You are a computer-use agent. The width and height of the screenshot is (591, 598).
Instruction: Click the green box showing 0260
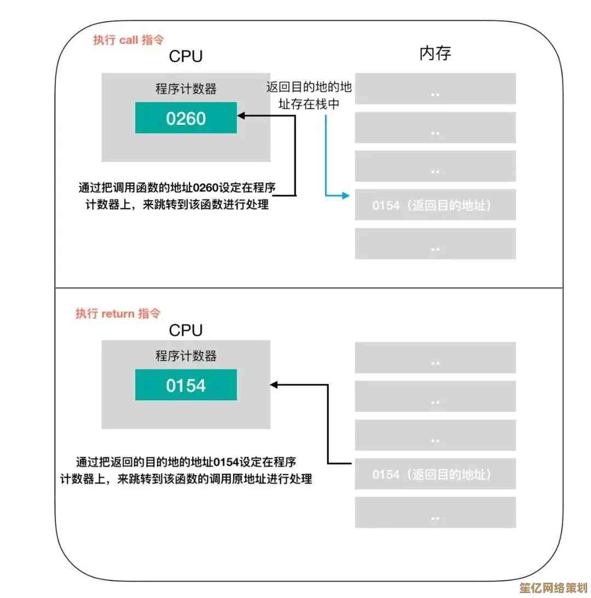pos(186,118)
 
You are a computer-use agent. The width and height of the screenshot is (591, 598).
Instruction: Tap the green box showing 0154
pos(186,385)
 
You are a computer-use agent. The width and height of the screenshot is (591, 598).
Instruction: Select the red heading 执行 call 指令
pos(129,40)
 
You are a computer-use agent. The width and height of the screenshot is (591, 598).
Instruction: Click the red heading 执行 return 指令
pos(118,314)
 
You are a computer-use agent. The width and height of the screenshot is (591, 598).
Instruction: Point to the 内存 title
pos(435,54)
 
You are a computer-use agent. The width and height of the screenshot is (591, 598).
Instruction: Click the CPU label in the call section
pos(186,56)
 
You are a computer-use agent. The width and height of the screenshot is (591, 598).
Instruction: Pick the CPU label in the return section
pos(186,330)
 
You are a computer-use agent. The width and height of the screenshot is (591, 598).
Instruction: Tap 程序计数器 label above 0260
pos(186,89)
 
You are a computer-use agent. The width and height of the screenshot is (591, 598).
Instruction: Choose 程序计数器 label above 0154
pos(186,356)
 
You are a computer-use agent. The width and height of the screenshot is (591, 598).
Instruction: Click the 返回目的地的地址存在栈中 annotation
pos(309,95)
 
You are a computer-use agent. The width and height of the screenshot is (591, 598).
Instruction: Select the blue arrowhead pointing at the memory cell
pos(345,195)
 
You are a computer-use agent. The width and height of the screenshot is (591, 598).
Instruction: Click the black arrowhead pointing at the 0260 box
pos(241,116)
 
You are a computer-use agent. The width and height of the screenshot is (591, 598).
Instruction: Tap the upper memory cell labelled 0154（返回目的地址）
pos(435,206)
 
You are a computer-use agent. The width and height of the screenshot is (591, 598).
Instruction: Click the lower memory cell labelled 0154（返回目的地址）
pos(435,474)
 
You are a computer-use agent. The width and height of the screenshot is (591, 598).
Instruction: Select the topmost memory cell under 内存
pos(435,89)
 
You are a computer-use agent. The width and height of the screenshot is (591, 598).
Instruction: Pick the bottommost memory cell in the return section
pos(435,513)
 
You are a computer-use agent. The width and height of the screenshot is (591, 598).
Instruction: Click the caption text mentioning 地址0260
pos(176,197)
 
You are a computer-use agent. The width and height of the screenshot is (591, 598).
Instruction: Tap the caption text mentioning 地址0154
pos(186,469)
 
